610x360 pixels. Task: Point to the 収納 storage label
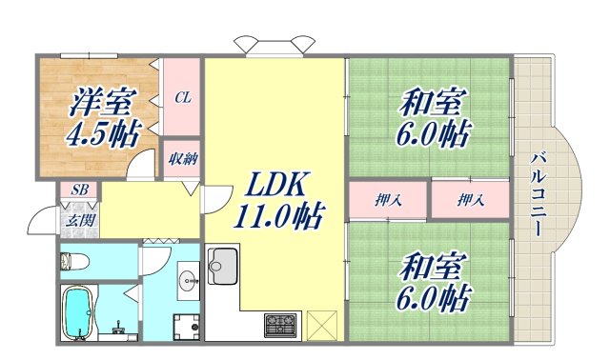coord(183,159)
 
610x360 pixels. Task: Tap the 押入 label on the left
coord(387,200)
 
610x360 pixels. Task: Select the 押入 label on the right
coord(469,200)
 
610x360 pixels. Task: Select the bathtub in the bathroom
coord(77,312)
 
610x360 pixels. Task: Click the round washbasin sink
coord(188,279)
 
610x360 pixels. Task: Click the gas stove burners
coord(281,325)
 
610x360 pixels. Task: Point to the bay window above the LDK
coord(274,46)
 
